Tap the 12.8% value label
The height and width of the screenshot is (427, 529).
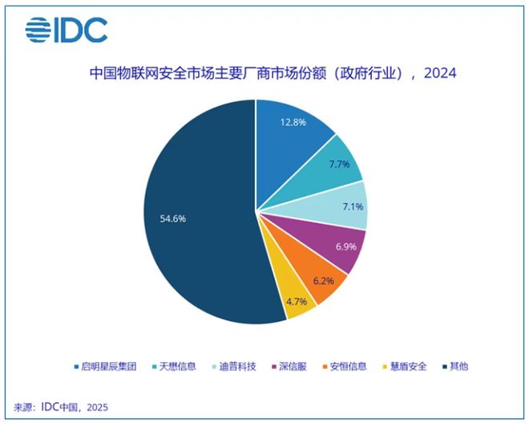[x=293, y=123]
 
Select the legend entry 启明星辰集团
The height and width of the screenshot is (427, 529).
[x=101, y=366]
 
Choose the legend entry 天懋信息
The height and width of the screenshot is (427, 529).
[x=172, y=366]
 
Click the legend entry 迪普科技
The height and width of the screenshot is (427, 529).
[x=234, y=366]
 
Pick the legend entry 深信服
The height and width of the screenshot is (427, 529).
[x=293, y=366]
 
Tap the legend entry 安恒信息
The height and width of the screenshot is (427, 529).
[x=346, y=366]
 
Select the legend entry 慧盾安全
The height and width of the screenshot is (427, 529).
[x=408, y=366]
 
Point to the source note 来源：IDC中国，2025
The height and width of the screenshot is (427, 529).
[x=61, y=407]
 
